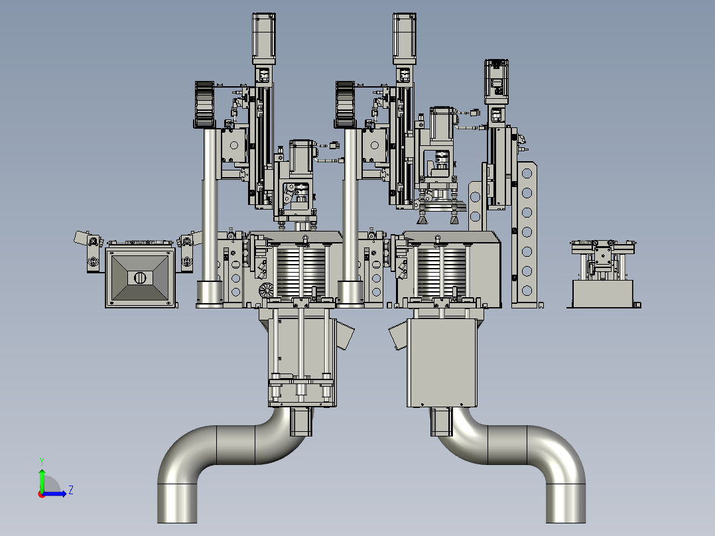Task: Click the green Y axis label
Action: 42,461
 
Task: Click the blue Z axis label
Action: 71,490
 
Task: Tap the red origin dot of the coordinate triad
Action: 42,494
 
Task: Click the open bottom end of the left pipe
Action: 177,521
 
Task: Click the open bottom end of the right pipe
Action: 566,521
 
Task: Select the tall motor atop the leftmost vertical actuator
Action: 264,38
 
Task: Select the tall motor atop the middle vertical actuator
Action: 405,38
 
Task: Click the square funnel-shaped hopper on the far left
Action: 140,277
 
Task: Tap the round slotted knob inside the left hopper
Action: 140,277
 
